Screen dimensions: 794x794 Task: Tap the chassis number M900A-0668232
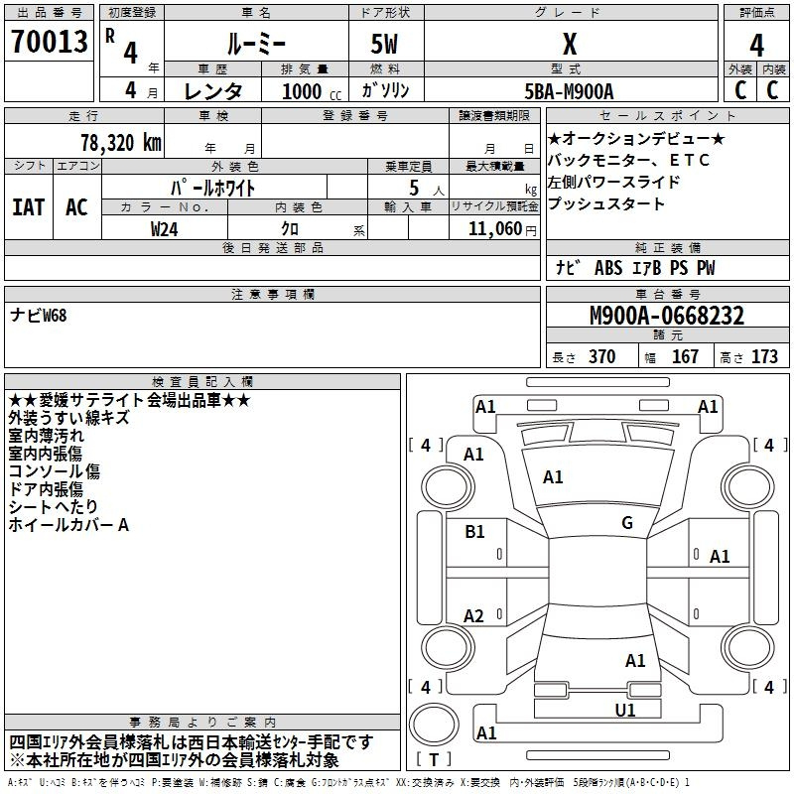[x=666, y=317]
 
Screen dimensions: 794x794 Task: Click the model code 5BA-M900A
[x=569, y=91]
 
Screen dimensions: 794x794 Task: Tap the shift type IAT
[x=28, y=207]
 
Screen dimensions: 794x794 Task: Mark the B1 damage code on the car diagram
[x=474, y=532]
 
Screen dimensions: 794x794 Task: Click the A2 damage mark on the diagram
[x=473, y=616]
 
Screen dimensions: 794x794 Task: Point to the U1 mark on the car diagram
[x=624, y=710]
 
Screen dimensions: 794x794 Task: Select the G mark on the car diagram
[x=626, y=523]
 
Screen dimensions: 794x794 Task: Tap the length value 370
[x=601, y=357]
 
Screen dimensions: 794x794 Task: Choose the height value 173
[x=764, y=357]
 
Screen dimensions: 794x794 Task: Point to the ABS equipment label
[x=607, y=268]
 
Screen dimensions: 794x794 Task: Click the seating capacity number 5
[x=412, y=188]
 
